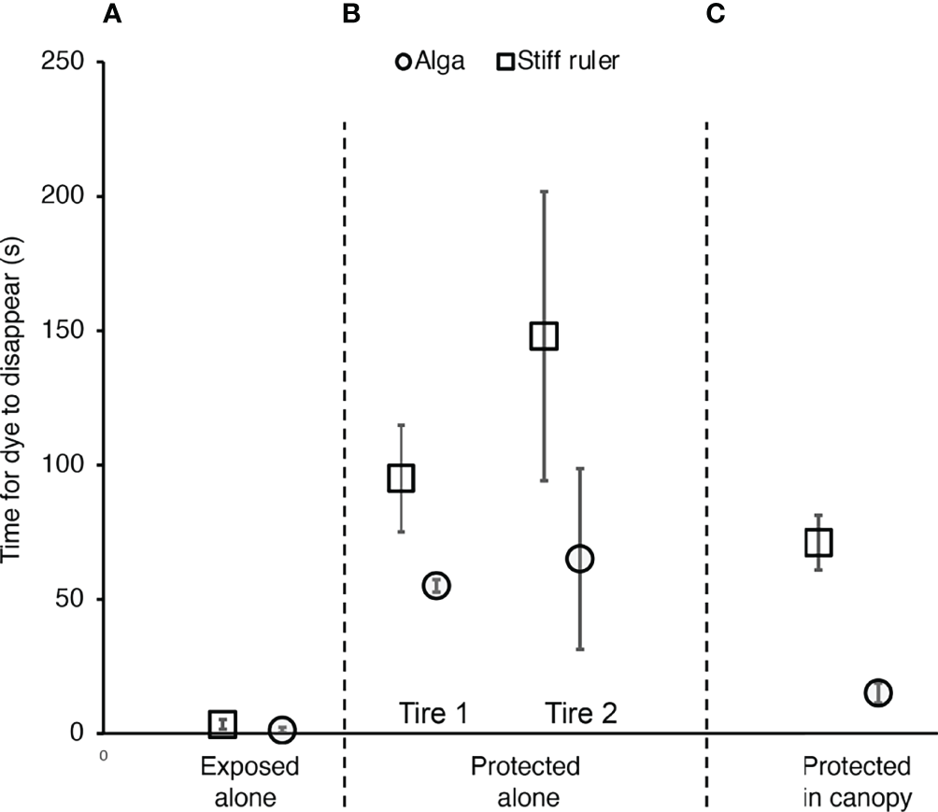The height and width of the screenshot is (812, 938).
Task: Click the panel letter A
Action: tap(112, 14)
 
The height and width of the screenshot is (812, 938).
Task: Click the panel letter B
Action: tap(352, 14)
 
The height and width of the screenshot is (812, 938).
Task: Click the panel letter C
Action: tap(717, 14)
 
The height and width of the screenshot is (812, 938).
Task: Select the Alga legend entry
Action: tap(431, 63)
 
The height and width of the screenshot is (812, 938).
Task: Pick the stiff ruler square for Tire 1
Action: tap(401, 477)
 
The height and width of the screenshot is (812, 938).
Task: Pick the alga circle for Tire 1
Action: tap(436, 585)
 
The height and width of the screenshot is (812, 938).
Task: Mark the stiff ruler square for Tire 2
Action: tap(544, 335)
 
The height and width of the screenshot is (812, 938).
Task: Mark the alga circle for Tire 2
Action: tap(579, 558)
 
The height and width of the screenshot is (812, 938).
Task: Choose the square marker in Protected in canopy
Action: tap(818, 542)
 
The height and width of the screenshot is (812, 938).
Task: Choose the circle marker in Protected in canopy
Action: tap(877, 692)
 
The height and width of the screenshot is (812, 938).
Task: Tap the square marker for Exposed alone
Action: tap(222, 723)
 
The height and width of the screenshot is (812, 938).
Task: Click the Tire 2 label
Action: tap(579, 714)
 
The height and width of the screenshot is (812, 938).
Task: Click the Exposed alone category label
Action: tap(250, 782)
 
